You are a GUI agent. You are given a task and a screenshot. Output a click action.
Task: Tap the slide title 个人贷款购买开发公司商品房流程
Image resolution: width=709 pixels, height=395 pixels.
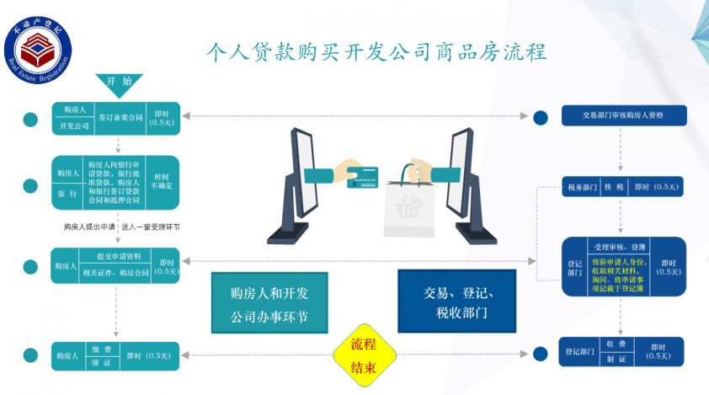(x=377, y=52)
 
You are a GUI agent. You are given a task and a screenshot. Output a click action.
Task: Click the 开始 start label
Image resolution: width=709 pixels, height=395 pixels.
(x=120, y=82)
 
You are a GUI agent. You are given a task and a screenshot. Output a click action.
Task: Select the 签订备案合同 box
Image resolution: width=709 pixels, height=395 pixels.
(x=120, y=118)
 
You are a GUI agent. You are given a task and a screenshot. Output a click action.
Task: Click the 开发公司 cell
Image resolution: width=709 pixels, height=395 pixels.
(x=74, y=126)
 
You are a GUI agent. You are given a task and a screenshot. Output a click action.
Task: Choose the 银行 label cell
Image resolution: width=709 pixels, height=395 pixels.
(x=68, y=193)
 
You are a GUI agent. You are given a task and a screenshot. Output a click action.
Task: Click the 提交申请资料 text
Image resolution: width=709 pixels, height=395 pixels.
(x=118, y=255)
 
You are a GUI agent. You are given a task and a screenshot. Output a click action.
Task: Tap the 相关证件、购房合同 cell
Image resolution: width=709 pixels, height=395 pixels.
(x=118, y=273)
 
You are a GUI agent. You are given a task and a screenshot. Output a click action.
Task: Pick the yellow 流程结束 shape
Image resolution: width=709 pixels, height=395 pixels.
(x=363, y=356)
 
